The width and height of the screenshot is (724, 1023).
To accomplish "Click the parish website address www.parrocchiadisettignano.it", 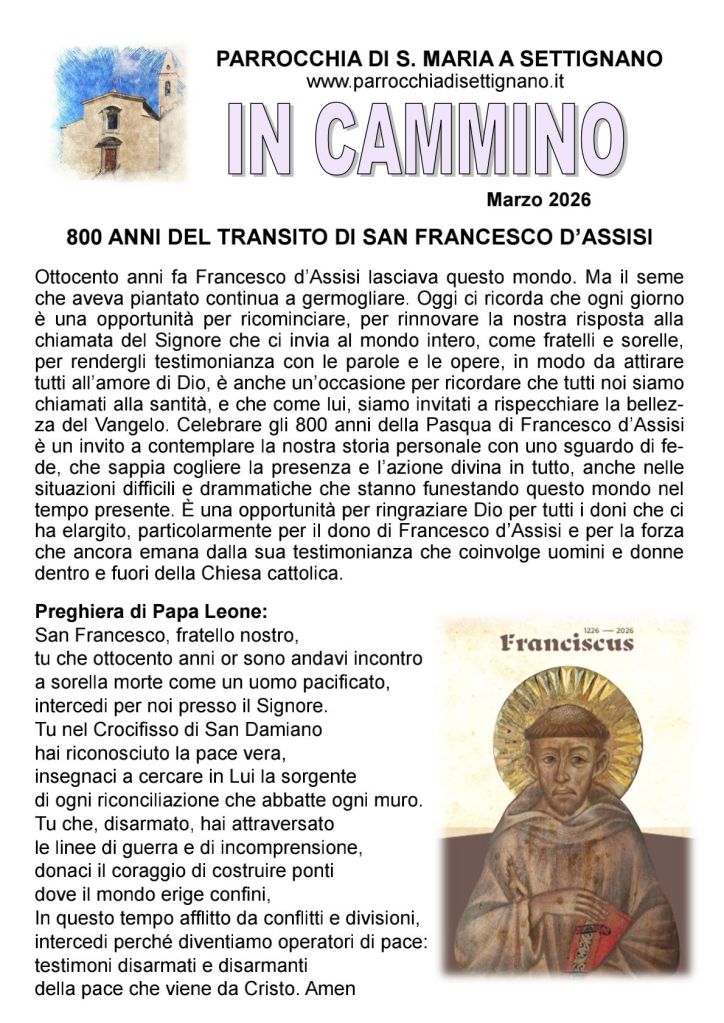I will (435, 82).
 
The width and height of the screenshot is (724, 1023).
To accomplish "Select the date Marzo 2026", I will (539, 199).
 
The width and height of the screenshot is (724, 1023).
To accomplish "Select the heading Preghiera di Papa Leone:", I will (151, 610).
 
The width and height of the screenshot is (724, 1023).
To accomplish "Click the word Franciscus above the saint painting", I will (568, 642).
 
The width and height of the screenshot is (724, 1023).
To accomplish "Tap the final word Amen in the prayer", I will (336, 989).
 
